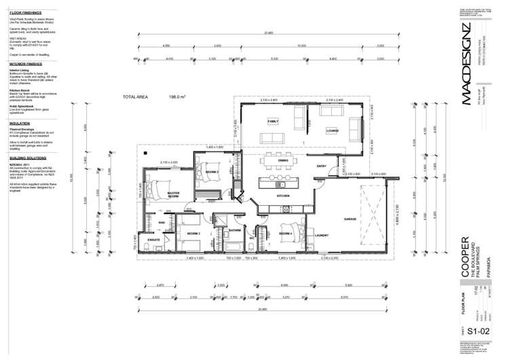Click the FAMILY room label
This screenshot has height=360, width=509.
[x=273, y=122]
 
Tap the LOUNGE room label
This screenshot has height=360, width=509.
[x=332, y=130]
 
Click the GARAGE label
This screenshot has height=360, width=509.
[x=350, y=219]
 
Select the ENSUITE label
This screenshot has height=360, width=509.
[x=153, y=239]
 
